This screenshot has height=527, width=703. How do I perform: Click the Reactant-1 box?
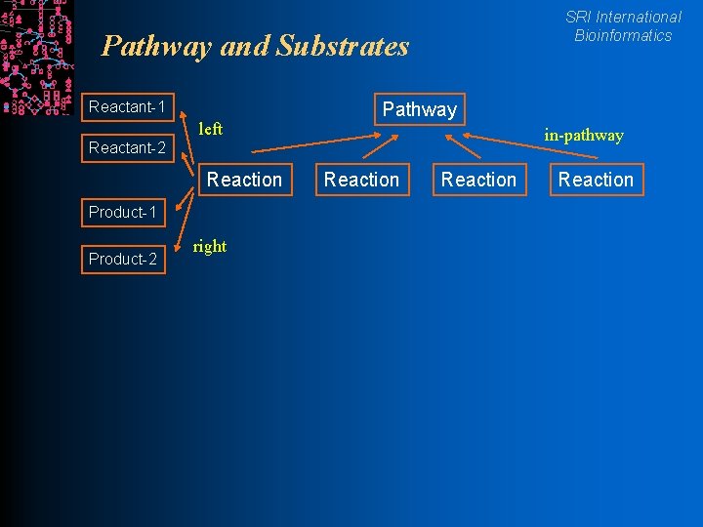tap(127, 105)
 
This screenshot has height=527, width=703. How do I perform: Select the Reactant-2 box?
tap(127, 148)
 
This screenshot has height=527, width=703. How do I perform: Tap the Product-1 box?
tap(123, 212)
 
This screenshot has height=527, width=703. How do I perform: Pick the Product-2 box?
tap(123, 259)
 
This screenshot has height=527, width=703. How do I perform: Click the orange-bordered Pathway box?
tap(420, 109)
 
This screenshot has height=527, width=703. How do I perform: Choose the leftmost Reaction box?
tap(244, 180)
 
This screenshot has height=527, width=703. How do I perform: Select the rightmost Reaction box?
tap(596, 180)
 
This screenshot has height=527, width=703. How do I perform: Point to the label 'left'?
tap(210, 129)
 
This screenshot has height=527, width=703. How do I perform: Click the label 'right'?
tap(210, 246)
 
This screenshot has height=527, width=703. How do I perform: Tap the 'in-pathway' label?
tap(584, 136)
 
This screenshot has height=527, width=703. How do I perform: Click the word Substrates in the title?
tap(343, 46)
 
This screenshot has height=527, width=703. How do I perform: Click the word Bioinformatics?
tap(623, 36)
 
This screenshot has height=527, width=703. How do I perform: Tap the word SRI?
tap(578, 17)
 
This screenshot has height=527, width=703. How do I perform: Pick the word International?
tap(639, 17)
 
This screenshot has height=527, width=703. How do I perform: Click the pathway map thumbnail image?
tap(36, 58)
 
